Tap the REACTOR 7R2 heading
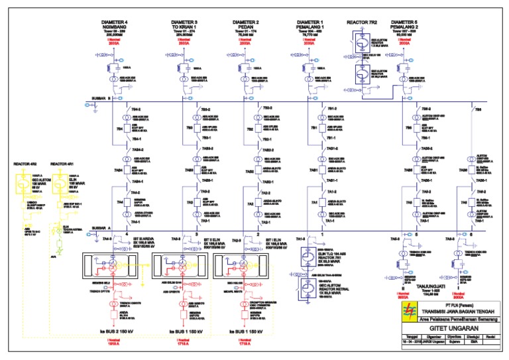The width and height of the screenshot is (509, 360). (361, 23)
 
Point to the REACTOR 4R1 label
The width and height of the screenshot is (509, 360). (64, 163)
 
